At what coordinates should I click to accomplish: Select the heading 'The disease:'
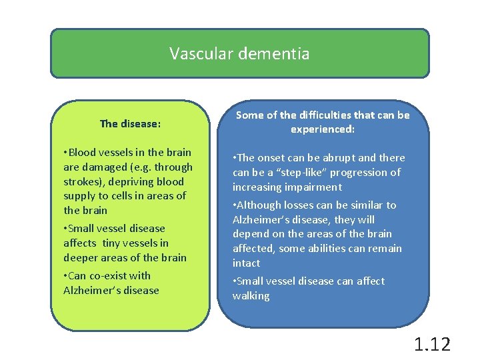pyautogui.click(x=130, y=123)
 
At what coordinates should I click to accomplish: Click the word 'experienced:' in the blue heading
pyautogui.click(x=323, y=129)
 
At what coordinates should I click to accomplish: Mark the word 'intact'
pyautogui.click(x=246, y=263)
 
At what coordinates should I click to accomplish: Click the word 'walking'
pyautogui.click(x=251, y=296)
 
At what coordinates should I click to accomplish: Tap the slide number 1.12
pyautogui.click(x=432, y=344)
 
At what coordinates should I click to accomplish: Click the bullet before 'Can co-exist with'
pyautogui.click(x=65, y=276)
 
